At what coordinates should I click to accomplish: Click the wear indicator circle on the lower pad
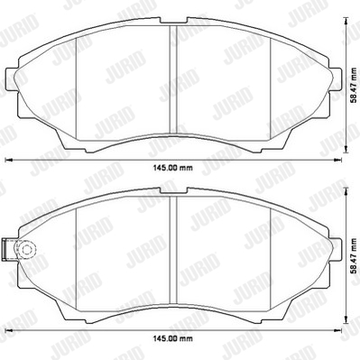26,249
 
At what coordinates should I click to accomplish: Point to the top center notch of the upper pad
173,20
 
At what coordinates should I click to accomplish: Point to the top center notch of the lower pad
173,190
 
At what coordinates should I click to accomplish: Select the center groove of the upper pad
173,79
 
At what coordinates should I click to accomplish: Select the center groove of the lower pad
173,250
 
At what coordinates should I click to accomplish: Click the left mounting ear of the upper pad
12,78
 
